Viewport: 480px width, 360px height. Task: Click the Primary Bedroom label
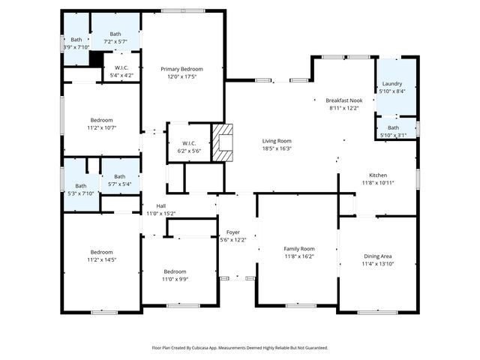181,69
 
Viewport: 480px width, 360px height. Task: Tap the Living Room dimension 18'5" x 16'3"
277,148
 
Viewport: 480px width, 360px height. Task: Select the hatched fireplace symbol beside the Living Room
223,142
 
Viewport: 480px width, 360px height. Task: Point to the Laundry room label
392,83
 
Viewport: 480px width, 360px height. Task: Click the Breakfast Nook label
344,100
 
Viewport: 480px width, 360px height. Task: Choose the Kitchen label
377,175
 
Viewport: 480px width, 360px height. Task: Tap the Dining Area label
377,256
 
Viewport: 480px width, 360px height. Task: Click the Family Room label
298,248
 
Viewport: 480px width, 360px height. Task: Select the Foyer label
233,232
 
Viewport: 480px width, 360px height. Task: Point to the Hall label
160,205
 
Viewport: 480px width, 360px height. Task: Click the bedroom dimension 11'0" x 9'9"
175,279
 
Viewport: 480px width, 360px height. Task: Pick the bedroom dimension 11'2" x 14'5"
101,259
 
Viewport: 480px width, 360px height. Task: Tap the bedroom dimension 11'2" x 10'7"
101,127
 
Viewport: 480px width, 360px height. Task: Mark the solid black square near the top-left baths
95,59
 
